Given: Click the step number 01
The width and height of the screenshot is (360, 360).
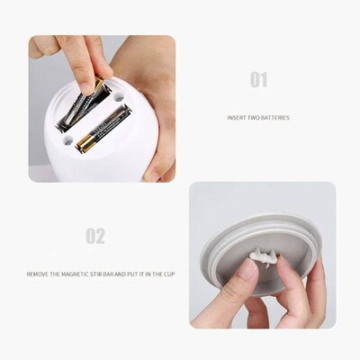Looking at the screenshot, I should (x=258, y=80).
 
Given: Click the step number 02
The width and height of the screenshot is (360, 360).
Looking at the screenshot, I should (x=95, y=237).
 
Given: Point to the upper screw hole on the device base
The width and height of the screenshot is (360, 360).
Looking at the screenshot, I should (x=120, y=94).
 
